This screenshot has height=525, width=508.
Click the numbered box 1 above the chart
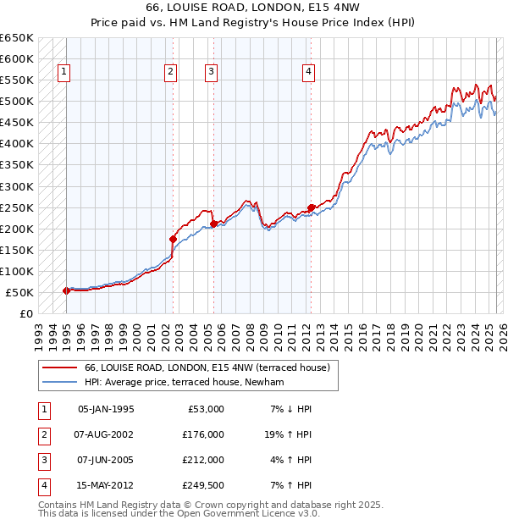pos(64,73)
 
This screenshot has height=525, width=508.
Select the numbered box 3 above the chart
pos(210,73)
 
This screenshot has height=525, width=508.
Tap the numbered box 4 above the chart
pos(309,73)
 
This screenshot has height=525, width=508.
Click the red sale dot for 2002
pos(173,239)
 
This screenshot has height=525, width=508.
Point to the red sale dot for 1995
pos(66,290)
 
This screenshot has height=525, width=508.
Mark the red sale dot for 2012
pos(311,207)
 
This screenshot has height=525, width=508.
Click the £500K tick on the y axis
pos(17,102)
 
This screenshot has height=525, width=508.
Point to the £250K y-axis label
pos(17,207)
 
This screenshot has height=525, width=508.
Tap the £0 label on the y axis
pos(25,313)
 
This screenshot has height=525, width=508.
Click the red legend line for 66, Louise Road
pos(58,367)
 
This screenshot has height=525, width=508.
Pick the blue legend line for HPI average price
pos(58,382)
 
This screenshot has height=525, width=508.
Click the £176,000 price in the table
pos(204,434)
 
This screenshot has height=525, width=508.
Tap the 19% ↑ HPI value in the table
pos(290,434)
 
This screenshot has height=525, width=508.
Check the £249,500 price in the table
pos(204,485)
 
